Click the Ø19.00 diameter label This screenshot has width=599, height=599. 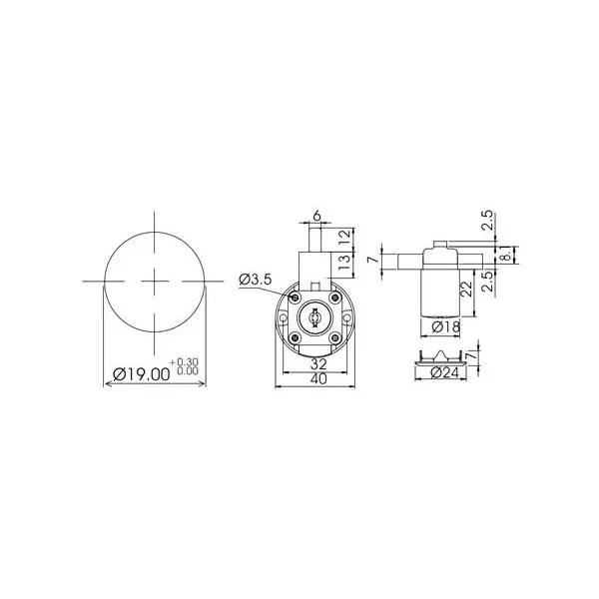138,375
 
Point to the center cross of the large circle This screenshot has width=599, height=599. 155,282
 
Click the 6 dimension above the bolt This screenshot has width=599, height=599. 315,216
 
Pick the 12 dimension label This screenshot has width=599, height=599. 343,238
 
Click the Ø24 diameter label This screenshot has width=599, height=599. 439,371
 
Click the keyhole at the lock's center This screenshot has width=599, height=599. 313,317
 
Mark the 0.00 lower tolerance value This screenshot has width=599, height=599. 186,370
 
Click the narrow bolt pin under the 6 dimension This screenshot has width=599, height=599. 315,241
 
